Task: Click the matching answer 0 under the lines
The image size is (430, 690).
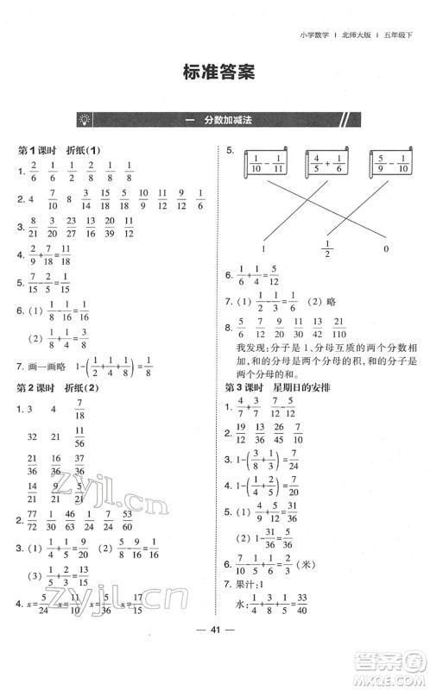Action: point(386,249)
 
